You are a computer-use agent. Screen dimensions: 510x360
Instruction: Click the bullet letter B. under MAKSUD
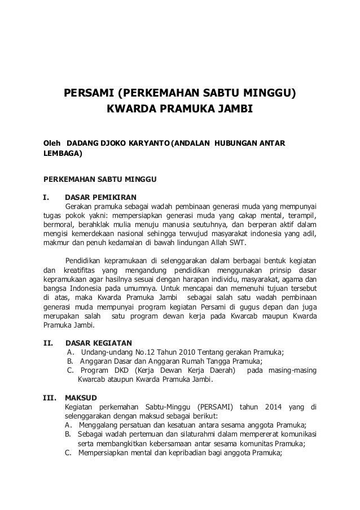[68, 434]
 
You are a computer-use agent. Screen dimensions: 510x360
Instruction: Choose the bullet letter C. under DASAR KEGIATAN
[71, 370]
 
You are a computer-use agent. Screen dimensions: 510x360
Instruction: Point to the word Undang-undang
[106, 352]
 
